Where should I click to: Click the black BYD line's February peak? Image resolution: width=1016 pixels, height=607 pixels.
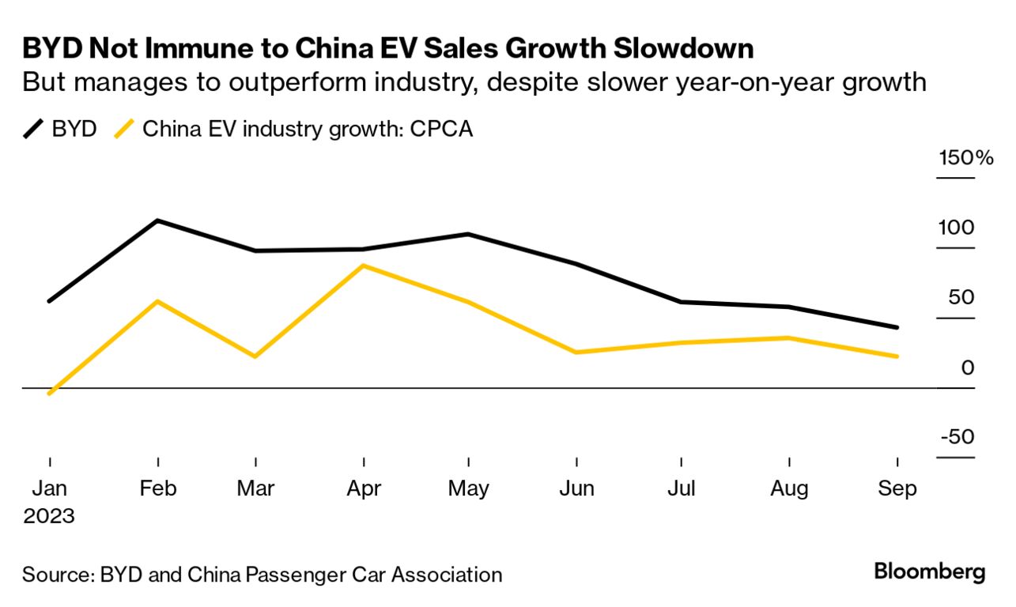coord(158,221)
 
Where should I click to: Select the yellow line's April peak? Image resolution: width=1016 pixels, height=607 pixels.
coord(363,266)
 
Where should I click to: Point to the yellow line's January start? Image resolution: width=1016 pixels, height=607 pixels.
coord(50,393)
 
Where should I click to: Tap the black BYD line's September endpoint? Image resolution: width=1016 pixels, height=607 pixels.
coord(897,327)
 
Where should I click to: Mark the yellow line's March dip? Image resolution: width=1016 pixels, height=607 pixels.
coord(255,356)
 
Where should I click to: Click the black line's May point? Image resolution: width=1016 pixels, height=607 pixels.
coord(469,234)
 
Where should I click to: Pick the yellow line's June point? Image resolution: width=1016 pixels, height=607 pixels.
coord(576,353)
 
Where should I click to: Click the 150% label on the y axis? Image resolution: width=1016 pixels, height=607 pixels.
coord(965,157)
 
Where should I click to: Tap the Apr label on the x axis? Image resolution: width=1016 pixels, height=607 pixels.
coord(363,488)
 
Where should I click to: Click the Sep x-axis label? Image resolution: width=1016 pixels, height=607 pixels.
coord(897,488)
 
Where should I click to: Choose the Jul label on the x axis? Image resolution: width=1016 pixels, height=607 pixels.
coord(682,488)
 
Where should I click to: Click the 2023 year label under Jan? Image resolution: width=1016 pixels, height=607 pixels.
coord(49,517)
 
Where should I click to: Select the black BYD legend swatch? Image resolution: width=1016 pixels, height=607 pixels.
coord(33,129)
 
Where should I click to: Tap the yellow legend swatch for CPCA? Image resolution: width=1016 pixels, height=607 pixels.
coord(124,129)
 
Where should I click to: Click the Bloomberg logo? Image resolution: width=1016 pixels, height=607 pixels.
coord(929,572)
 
